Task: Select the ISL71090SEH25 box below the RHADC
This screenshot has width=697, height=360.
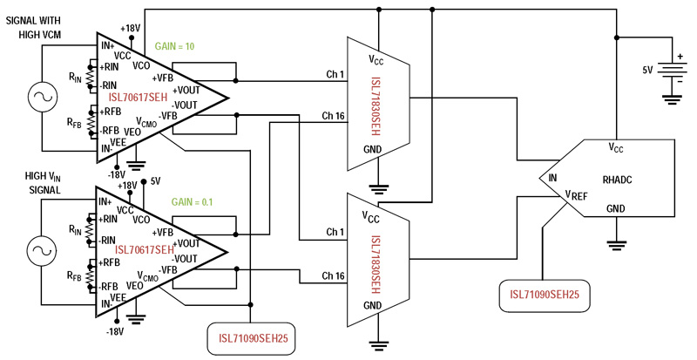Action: coord(545,296)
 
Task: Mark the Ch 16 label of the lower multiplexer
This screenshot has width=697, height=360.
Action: coord(331,276)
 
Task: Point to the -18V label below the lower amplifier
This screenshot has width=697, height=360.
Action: coord(114,332)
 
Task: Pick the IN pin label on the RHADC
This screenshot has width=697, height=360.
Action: coord(552,177)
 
